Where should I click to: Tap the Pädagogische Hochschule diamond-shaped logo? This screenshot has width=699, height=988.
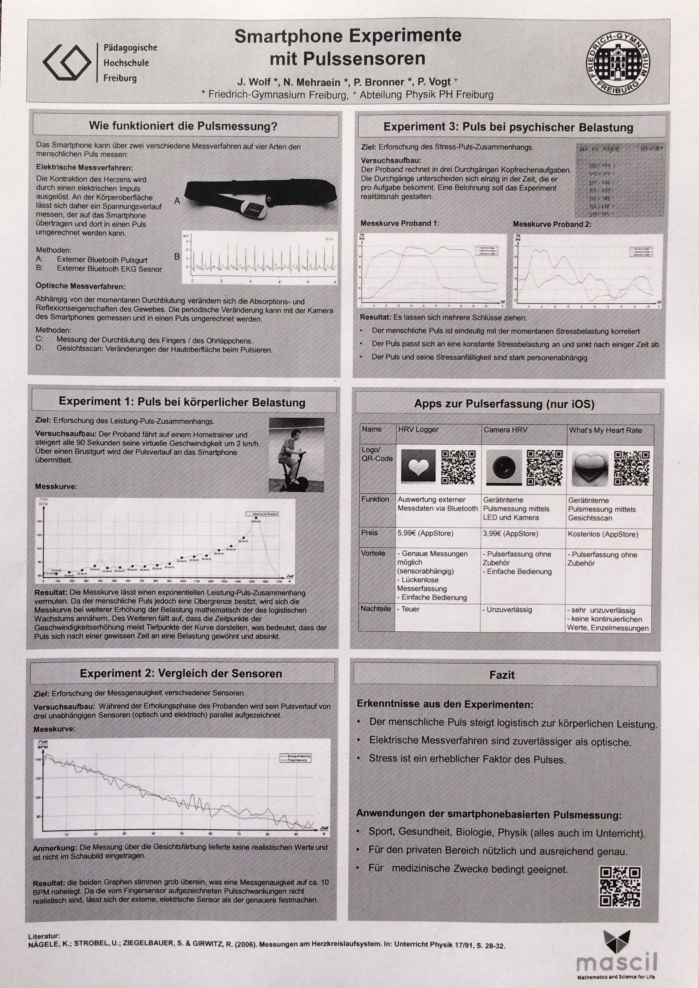(x=67, y=62)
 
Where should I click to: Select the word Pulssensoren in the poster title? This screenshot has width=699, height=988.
(x=347, y=58)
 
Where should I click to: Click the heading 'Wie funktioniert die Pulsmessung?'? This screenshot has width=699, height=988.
(x=183, y=126)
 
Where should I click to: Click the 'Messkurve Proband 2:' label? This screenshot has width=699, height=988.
(x=552, y=224)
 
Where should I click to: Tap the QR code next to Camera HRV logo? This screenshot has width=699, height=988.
(x=544, y=467)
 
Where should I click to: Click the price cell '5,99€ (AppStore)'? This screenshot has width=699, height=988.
(x=425, y=534)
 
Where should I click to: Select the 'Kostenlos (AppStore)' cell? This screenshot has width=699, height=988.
(x=603, y=534)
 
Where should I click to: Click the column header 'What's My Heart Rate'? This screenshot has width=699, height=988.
(x=605, y=430)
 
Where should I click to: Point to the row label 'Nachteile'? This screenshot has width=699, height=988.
(x=376, y=609)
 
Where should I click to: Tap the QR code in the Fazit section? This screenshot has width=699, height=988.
(x=621, y=887)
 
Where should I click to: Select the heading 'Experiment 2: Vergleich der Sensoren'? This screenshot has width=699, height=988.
(x=181, y=673)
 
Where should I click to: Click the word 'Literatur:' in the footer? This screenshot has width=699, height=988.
(x=44, y=936)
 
